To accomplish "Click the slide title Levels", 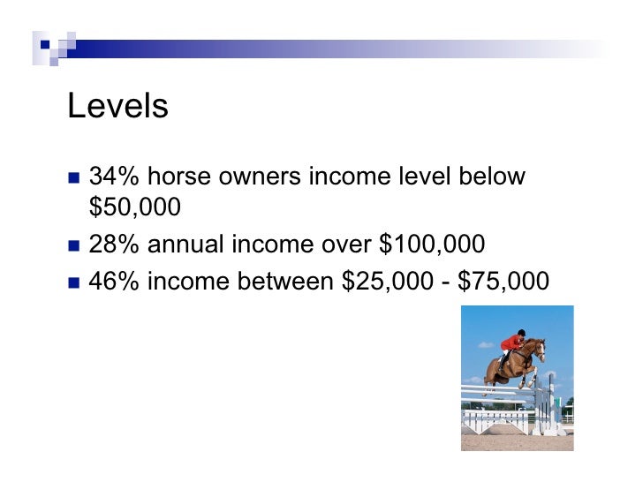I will click(117, 107).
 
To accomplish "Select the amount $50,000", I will click(135, 207).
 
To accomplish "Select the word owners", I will click(258, 177).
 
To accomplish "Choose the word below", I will click(492, 177).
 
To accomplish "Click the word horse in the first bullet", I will click(178, 177).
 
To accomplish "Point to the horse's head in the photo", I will click(538, 348).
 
